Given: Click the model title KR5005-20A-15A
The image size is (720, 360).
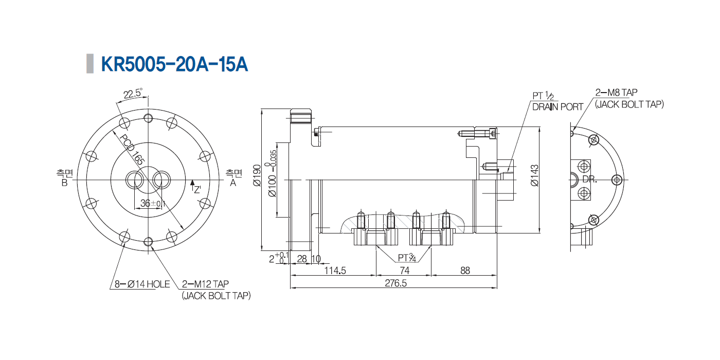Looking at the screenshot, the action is point(174,64).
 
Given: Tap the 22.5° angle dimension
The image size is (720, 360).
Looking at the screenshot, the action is point(133,94).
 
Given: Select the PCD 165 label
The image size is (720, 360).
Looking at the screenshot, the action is point(132,149).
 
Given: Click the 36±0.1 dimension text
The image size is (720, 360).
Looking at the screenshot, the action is point(153,203).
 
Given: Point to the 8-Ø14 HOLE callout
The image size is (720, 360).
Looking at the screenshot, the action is point(142,284).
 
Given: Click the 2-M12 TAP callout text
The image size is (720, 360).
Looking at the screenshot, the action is point(205,284).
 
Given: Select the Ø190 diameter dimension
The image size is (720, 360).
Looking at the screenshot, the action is point(257,175).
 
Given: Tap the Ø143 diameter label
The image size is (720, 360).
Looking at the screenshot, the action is point(534,175).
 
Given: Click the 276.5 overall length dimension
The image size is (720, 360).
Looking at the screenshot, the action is point(395,283).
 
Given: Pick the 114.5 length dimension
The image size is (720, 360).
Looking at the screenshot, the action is point(335,271).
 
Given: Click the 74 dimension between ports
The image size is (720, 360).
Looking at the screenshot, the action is point(404,271).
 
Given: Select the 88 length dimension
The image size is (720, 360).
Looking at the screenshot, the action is point(465,271).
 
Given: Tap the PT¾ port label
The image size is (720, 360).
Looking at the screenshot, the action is point(407,258).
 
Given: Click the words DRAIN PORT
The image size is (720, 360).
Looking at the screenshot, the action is point(557,107).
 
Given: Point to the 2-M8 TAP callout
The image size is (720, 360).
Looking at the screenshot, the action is point(616,93).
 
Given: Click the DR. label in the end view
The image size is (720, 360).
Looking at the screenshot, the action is point(589,179).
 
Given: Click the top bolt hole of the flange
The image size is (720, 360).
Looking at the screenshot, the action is point(148,118).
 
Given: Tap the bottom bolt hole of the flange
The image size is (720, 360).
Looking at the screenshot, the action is point(148,242).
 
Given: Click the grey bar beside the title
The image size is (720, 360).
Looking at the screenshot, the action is point(90,64).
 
